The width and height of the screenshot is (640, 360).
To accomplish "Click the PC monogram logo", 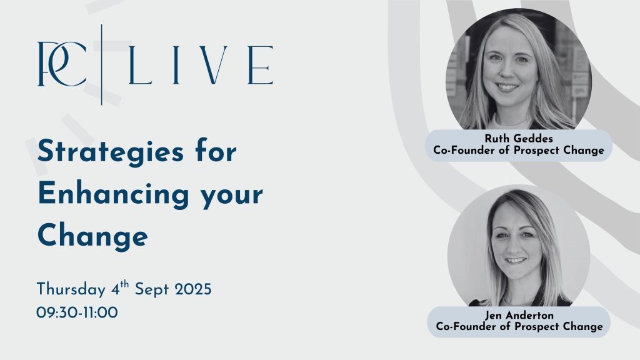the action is click(62, 64).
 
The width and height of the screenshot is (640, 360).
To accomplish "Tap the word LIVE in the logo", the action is click(201, 65).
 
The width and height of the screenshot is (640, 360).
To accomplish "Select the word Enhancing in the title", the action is click(114, 195).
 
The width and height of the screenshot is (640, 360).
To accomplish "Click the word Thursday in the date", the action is click(71, 289).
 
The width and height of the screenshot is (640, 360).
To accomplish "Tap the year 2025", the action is click(193, 289).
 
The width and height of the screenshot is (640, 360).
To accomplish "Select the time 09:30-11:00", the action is click(77, 312).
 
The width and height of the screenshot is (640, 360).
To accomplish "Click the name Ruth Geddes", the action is click(519, 138).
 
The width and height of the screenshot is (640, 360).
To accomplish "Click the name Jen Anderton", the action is click(519, 315).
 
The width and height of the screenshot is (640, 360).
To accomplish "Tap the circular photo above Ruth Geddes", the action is click(519, 70).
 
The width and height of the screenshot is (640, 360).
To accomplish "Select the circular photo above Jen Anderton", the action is click(519, 246).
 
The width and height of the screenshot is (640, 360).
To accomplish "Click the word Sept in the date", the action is click(152, 290).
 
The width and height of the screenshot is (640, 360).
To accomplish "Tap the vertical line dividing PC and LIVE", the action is click(102, 64).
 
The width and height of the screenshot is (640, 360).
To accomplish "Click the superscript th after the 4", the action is click(124, 284).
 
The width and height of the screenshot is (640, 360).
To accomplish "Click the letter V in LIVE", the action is click(213, 65).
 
